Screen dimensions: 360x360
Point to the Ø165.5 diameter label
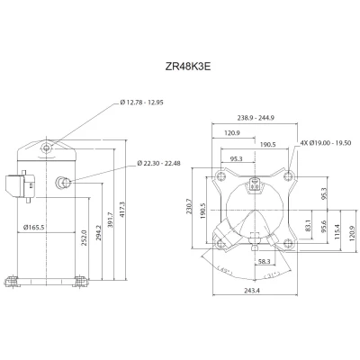(35, 226)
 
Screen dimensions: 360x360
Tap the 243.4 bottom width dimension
(251, 291)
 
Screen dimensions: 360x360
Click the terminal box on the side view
(13, 185)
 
